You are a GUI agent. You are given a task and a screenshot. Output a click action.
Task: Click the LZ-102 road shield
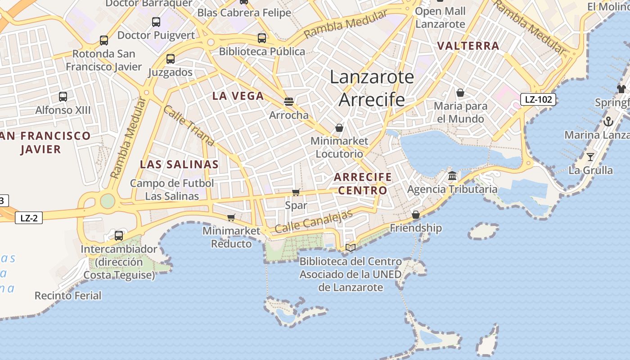point(538,99)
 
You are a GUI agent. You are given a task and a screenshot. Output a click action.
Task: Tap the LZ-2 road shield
point(29,218)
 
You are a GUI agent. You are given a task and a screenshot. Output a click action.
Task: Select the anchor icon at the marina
point(608,121)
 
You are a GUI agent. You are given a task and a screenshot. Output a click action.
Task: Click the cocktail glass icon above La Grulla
point(590,157)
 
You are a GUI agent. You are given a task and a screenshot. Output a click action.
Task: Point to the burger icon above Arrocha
point(289,102)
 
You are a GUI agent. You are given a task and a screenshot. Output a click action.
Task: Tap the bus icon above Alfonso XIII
point(63,96)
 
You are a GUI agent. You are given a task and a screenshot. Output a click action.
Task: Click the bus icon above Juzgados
point(170,58)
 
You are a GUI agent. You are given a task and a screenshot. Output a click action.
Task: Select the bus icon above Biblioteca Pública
point(262,38)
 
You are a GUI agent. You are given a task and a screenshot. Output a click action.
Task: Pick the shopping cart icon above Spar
point(296,192)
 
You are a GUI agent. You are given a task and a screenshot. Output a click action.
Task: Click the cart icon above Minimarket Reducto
point(231,217)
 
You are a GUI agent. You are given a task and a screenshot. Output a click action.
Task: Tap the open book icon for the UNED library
point(351,247)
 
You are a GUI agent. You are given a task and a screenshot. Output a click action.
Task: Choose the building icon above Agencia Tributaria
point(452,175)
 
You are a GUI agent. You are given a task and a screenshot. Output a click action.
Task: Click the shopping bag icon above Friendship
point(416,215)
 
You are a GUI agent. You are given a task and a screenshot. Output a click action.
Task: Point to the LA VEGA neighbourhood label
point(238,96)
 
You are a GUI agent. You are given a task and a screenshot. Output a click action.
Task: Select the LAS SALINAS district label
point(179,164)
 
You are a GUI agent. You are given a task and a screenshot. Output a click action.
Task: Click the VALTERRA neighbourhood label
point(468,46)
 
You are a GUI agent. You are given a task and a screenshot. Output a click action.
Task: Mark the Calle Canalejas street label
point(314,221)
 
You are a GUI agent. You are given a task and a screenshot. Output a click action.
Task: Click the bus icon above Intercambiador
point(119,235)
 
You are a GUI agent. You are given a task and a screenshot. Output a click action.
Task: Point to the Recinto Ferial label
point(68,296)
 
